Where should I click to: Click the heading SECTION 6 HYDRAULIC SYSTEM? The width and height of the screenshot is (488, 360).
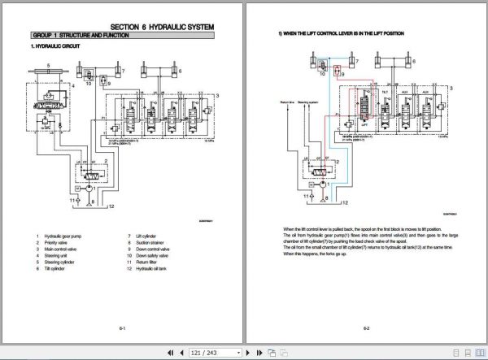click(168, 27)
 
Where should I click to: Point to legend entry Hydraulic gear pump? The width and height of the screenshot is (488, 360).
click(66, 236)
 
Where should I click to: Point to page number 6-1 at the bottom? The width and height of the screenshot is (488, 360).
click(123, 327)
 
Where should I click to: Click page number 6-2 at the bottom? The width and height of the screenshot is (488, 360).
click(366, 327)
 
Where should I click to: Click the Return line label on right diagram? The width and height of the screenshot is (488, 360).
click(285, 103)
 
